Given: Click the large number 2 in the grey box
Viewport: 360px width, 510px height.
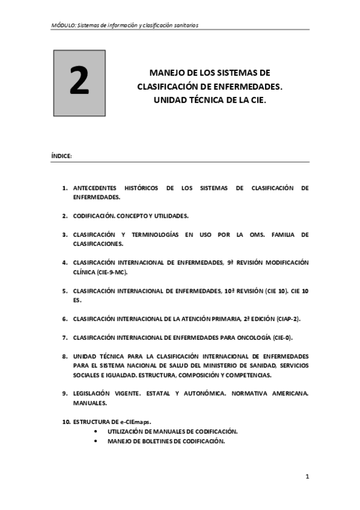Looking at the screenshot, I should point(79,83).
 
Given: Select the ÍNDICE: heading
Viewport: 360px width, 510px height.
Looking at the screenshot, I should point(62,156).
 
